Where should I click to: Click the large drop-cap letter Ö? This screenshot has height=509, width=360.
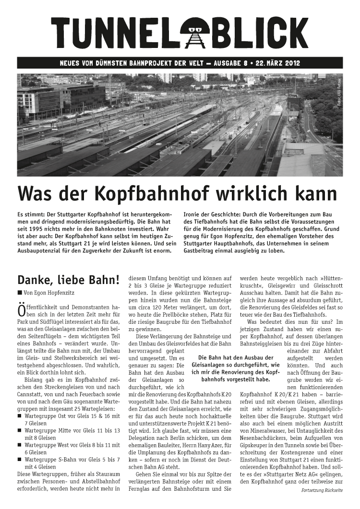(x=22, y=310)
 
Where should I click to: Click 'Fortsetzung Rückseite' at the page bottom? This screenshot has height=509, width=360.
(x=322, y=491)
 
